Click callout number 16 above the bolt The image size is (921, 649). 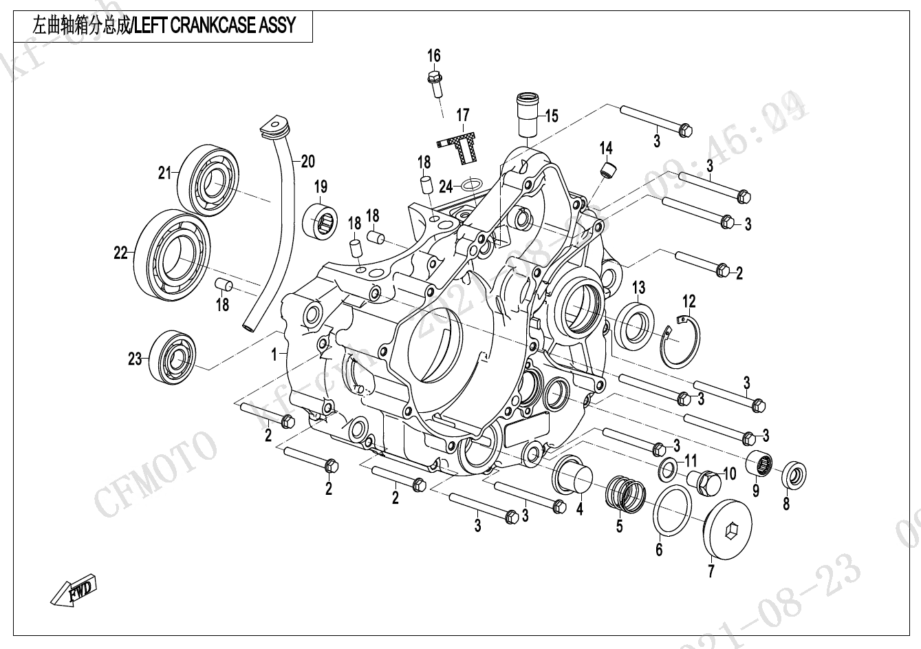click(433, 56)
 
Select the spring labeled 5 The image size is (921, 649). click(623, 492)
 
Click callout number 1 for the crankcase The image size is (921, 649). click(274, 354)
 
